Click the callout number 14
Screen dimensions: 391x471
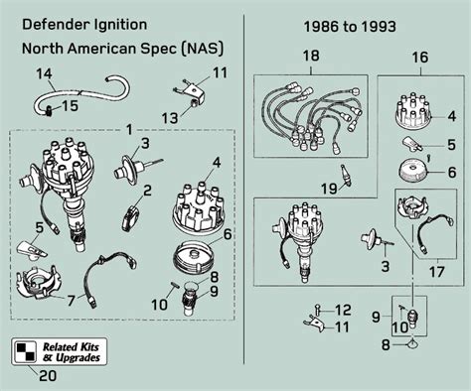pos(44,73)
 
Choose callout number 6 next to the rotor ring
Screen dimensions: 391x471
pos(228,234)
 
